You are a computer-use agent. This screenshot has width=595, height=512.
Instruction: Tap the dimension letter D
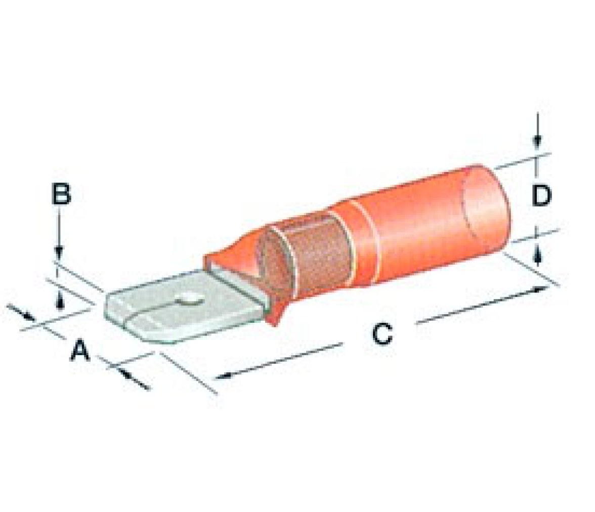541,196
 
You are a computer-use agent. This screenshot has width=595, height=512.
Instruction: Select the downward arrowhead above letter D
536,142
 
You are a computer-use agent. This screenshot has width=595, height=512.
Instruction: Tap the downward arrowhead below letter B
58,253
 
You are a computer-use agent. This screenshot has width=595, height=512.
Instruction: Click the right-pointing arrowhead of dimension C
540,289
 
